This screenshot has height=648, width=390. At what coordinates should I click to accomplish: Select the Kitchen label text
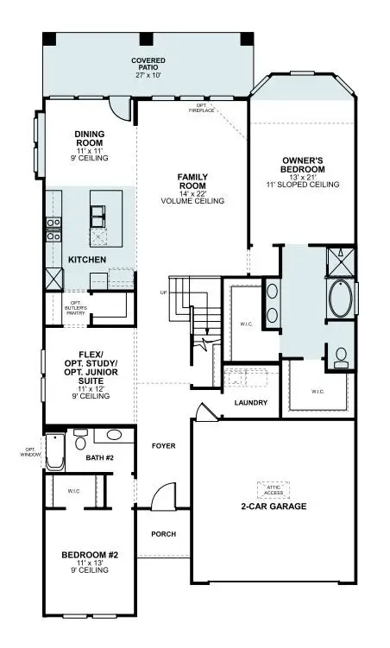pyautogui.click(x=87, y=259)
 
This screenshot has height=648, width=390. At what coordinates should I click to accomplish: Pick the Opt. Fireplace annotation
pyautogui.click(x=201, y=109)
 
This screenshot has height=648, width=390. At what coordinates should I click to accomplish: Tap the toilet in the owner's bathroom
pyautogui.click(x=340, y=356)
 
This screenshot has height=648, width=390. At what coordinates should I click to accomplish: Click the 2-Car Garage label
pyautogui.click(x=273, y=506)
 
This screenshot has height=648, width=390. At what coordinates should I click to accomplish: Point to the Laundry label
pyautogui.click(x=250, y=403)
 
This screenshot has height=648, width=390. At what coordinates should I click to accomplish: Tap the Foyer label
pyautogui.click(x=163, y=446)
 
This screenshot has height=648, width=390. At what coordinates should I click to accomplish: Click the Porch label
pyautogui.click(x=163, y=534)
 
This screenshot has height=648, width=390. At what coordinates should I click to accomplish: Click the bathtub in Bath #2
pyautogui.click(x=55, y=450)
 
